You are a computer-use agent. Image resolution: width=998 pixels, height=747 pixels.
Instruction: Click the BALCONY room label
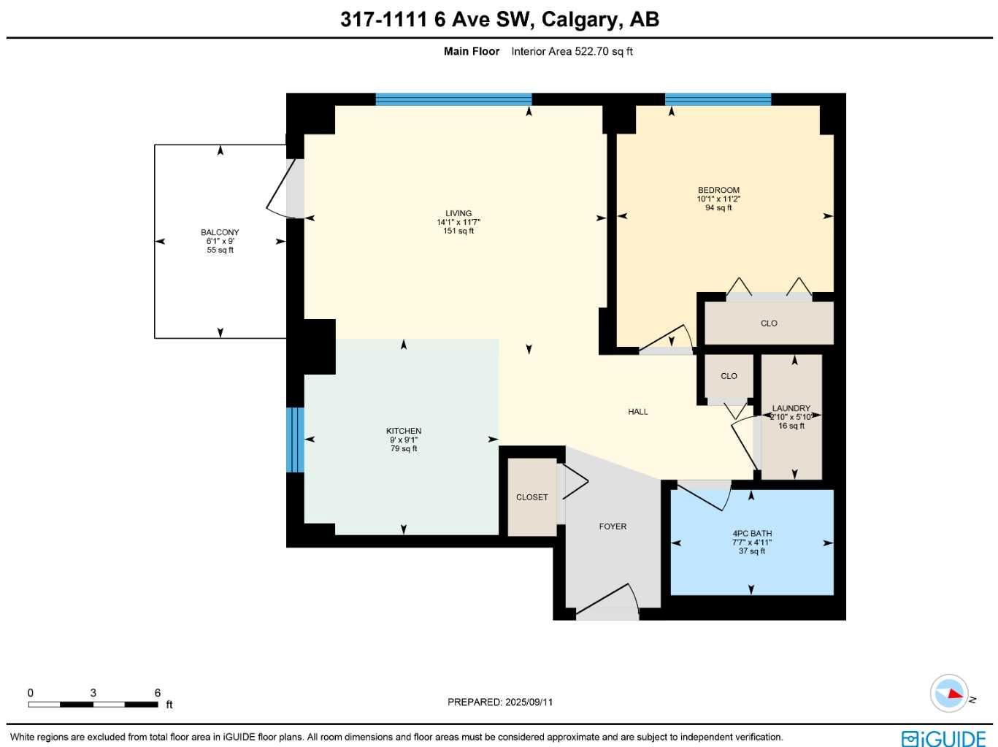pos(220,232)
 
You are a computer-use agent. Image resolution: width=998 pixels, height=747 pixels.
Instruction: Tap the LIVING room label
pos(458,213)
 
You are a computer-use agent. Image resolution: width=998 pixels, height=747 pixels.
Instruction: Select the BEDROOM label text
pos(718,190)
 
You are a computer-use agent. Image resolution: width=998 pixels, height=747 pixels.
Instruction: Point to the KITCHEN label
pos(404,431)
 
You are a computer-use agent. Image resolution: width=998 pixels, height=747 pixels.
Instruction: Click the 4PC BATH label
pos(752,533)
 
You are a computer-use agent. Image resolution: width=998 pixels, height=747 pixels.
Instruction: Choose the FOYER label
pos(613,526)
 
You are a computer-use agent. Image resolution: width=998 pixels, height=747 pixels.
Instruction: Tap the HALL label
pos(637,412)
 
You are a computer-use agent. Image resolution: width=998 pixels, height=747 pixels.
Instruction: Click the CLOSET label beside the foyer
pos(531,497)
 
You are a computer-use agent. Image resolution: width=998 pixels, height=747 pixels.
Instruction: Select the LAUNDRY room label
pos(791,408)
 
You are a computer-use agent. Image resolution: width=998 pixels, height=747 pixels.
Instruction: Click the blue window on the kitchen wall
pos(294,440)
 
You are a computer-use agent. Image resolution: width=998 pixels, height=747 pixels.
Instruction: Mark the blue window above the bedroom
pos(718,99)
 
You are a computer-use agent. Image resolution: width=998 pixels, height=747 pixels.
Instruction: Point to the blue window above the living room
pos(453,99)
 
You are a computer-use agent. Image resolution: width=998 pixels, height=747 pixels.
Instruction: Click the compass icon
pos(949,693)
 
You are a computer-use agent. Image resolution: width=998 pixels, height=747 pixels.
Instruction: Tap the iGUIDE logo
pos(943,738)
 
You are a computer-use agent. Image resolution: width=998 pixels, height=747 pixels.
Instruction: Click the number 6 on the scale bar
pos(158,692)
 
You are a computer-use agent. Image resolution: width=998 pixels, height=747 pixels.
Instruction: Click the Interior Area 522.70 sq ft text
pos(572,51)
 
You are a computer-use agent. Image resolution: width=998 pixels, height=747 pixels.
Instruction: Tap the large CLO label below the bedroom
pos(769,323)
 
